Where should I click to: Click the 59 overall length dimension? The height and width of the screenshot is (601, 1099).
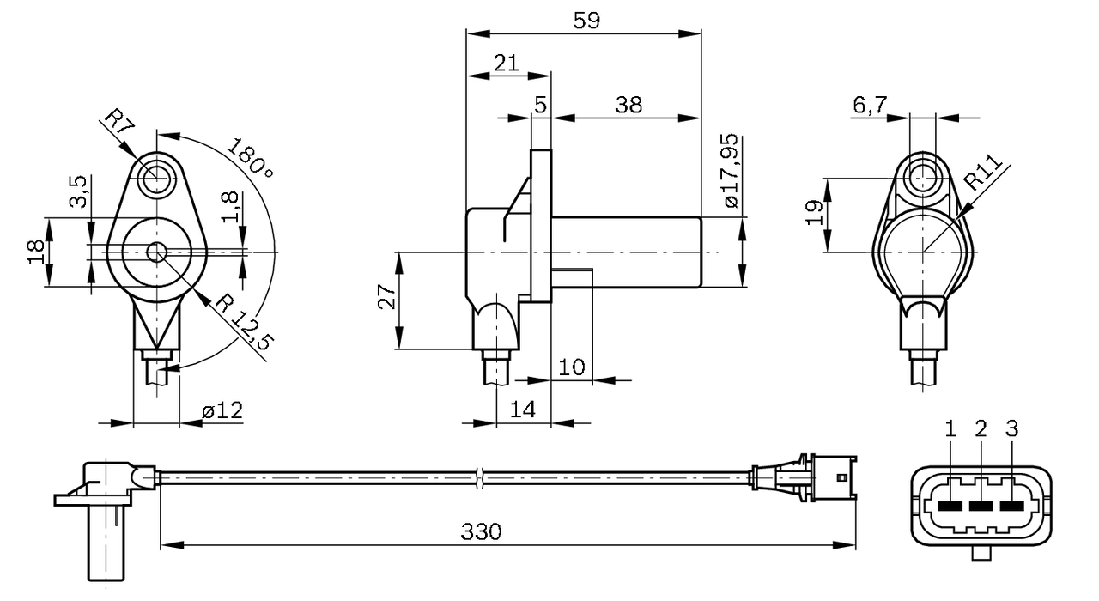[x=586, y=20]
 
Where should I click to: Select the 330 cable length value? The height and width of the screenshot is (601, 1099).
[x=481, y=531]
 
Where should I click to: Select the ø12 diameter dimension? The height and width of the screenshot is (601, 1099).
[x=222, y=411]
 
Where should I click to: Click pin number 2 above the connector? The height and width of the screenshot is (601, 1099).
[x=981, y=428]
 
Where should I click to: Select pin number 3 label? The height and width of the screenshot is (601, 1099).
[x=1011, y=428]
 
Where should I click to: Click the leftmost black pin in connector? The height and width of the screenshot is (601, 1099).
[x=950, y=506]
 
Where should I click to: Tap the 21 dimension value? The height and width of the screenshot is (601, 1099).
[x=507, y=63]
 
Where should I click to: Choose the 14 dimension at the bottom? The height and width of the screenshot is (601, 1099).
[x=521, y=410]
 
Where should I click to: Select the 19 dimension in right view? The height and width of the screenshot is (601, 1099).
[x=817, y=213]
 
